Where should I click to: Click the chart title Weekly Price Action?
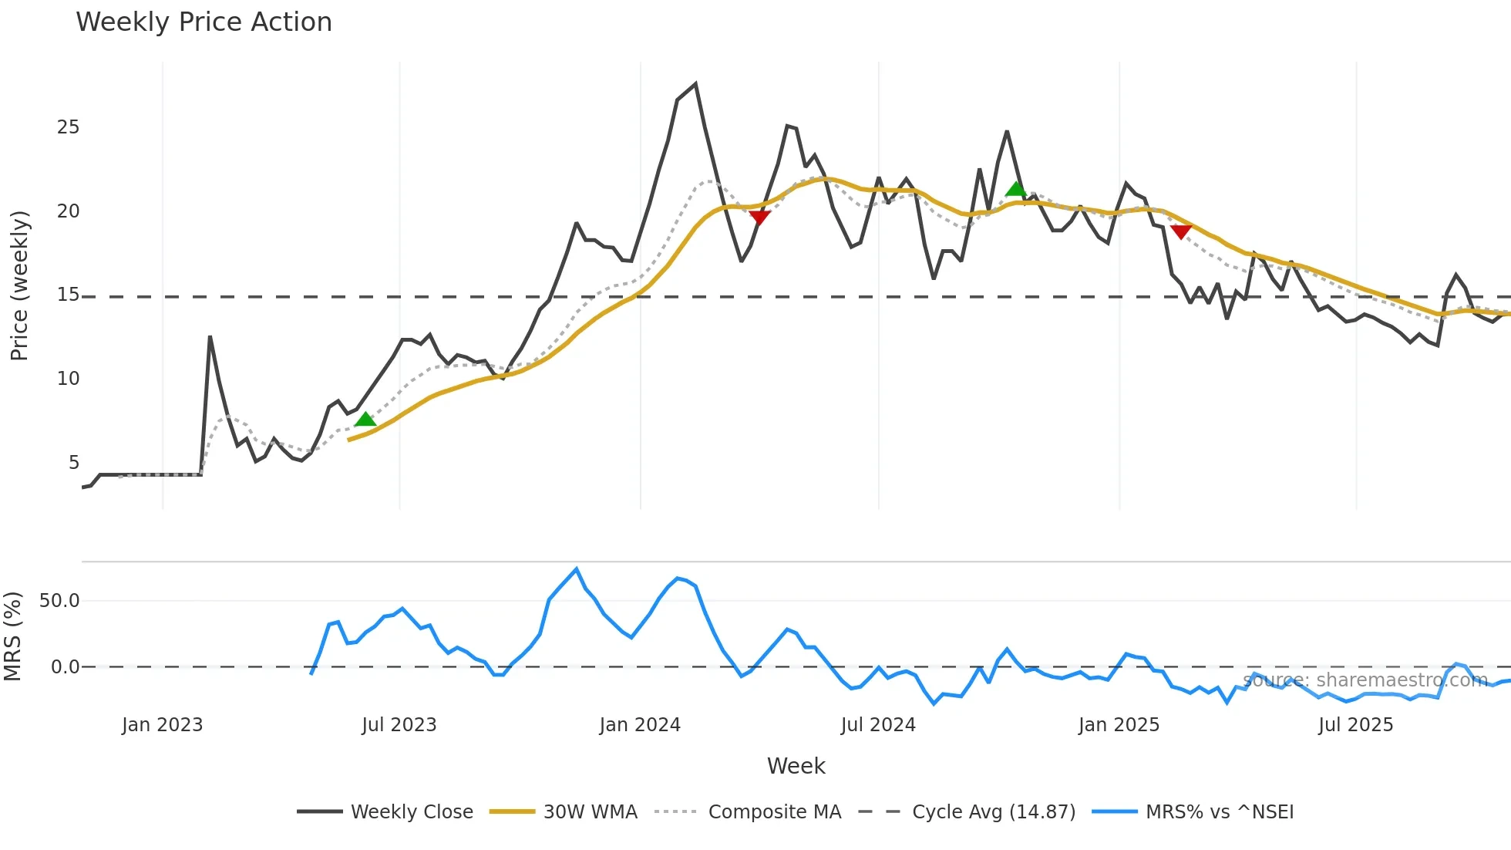pyautogui.click(x=204, y=22)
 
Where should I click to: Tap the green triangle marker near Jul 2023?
pyautogui.click(x=365, y=420)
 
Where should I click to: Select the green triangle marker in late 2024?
pyautogui.click(x=1016, y=189)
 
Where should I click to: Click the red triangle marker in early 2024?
pyautogui.click(x=759, y=218)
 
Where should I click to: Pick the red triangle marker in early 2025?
pyautogui.click(x=1181, y=231)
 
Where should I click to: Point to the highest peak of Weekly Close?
pyautogui.click(x=695, y=84)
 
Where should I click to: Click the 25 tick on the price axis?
pyautogui.click(x=68, y=127)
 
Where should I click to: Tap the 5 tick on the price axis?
pyautogui.click(x=73, y=462)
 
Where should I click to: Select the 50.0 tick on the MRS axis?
pyautogui.click(x=59, y=601)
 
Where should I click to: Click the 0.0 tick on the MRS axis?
pyautogui.click(x=65, y=667)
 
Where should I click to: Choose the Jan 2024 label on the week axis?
pyautogui.click(x=640, y=725)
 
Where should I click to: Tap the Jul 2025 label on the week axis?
pyautogui.click(x=1355, y=725)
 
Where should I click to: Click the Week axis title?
pyautogui.click(x=796, y=766)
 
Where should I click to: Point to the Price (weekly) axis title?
pyautogui.click(x=19, y=285)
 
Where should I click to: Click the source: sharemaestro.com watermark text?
pyautogui.click(x=1365, y=680)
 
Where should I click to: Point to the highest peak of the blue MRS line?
pyautogui.click(x=577, y=569)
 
